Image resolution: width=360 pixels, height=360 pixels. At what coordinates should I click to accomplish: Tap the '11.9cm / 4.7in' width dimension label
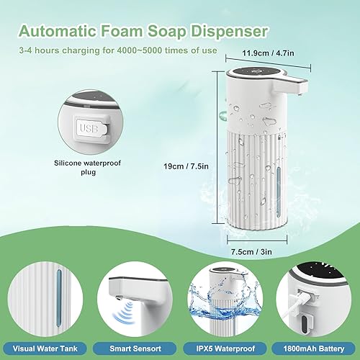click(261, 52)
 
